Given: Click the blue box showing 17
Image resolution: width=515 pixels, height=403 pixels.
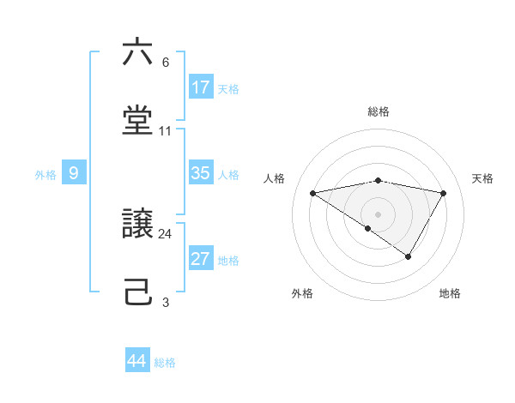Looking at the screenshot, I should pyautogui.click(x=201, y=87).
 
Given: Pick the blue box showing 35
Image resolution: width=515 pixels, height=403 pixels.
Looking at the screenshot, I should pyautogui.click(x=201, y=173).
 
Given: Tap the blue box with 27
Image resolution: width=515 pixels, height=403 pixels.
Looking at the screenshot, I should pyautogui.click(x=201, y=260).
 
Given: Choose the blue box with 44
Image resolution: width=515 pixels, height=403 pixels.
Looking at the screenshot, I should pyautogui.click(x=137, y=361).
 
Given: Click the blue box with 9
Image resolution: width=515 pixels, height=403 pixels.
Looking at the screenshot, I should pyautogui.click(x=74, y=173).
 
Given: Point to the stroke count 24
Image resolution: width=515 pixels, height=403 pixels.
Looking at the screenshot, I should pyautogui.click(x=165, y=233).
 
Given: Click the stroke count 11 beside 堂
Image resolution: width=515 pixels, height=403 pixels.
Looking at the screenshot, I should pyautogui.click(x=165, y=131).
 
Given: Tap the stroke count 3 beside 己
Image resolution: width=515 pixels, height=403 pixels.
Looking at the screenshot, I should pyautogui.click(x=165, y=302).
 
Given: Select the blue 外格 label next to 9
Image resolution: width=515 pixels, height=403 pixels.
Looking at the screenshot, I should pyautogui.click(x=45, y=175).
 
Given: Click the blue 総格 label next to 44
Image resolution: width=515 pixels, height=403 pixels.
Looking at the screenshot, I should pyautogui.click(x=165, y=363).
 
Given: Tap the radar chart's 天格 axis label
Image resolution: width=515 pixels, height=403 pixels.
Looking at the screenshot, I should pyautogui.click(x=482, y=178).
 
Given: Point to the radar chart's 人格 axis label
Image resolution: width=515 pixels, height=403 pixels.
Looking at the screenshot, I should pyautogui.click(x=274, y=178).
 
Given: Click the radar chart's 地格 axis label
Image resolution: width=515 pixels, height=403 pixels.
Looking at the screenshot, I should pyautogui.click(x=450, y=294).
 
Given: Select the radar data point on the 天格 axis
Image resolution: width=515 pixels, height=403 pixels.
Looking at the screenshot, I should pyautogui.click(x=444, y=193).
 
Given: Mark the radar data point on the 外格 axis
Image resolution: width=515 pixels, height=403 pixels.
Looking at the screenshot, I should pyautogui.click(x=367, y=228).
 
